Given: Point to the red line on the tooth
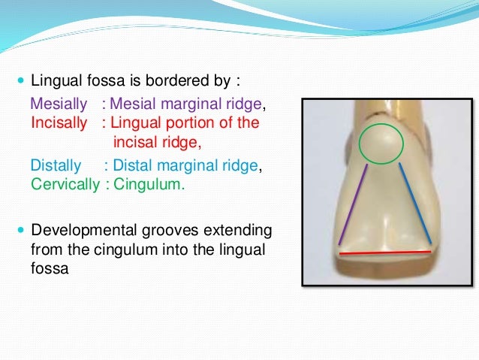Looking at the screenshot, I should (x=385, y=253).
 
